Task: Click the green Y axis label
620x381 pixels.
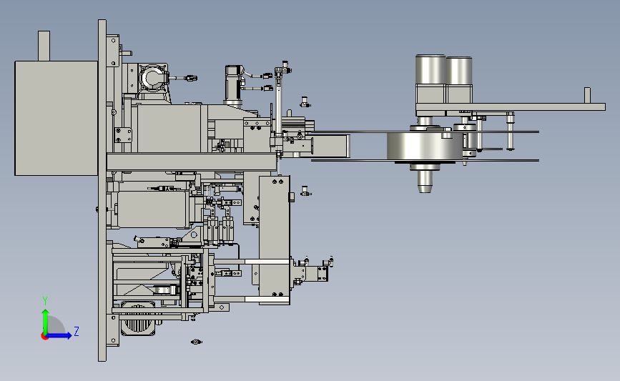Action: (x=45, y=301)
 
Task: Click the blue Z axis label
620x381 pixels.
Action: (x=77, y=331)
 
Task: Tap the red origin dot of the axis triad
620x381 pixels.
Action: (x=44, y=337)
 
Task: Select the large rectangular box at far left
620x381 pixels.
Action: (x=56, y=118)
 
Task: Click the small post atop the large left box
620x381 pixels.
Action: (x=44, y=46)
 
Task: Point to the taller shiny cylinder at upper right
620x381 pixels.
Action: (x=430, y=69)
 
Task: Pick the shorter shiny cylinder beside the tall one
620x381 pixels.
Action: (x=459, y=71)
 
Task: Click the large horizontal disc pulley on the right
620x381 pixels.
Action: (x=425, y=147)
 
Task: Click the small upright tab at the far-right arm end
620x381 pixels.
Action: (x=587, y=95)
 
